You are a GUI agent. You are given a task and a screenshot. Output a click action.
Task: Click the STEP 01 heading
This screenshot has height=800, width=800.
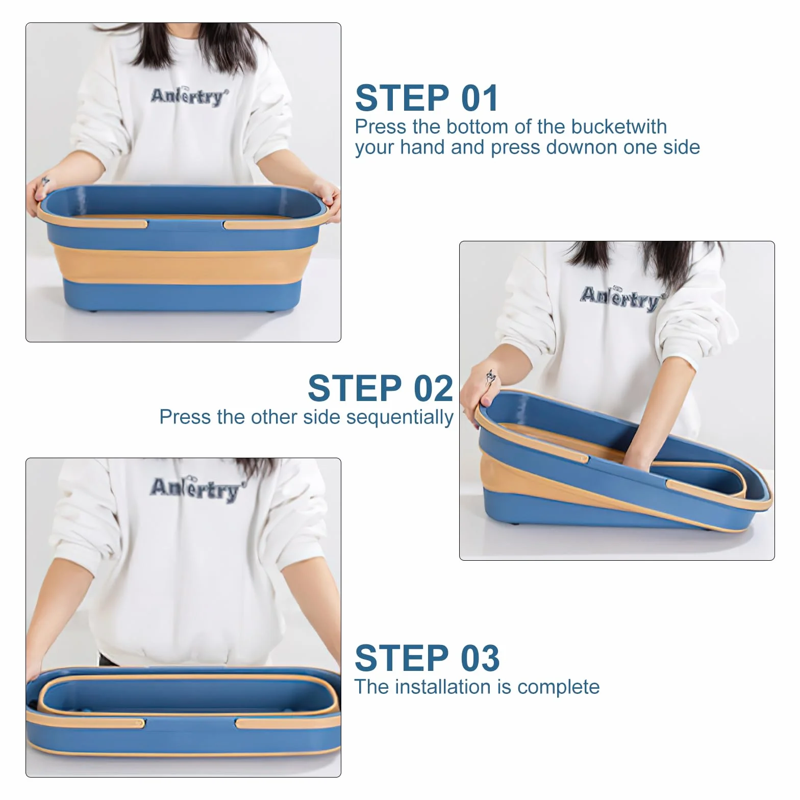(x=427, y=98)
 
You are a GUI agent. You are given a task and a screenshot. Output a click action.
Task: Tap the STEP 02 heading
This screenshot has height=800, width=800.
(x=381, y=388)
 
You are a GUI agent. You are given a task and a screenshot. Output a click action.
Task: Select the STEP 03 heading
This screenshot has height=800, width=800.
(x=427, y=658)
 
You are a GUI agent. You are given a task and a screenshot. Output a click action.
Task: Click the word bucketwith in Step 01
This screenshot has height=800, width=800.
(x=619, y=127)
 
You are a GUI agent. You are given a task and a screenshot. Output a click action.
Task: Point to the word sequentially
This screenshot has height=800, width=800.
(x=400, y=417)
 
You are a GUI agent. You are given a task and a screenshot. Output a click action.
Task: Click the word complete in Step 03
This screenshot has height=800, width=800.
(x=559, y=687)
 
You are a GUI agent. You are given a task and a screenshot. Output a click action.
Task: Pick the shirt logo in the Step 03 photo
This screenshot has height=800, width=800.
(x=195, y=489)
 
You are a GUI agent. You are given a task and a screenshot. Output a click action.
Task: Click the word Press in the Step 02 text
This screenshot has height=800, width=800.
(x=185, y=417)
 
